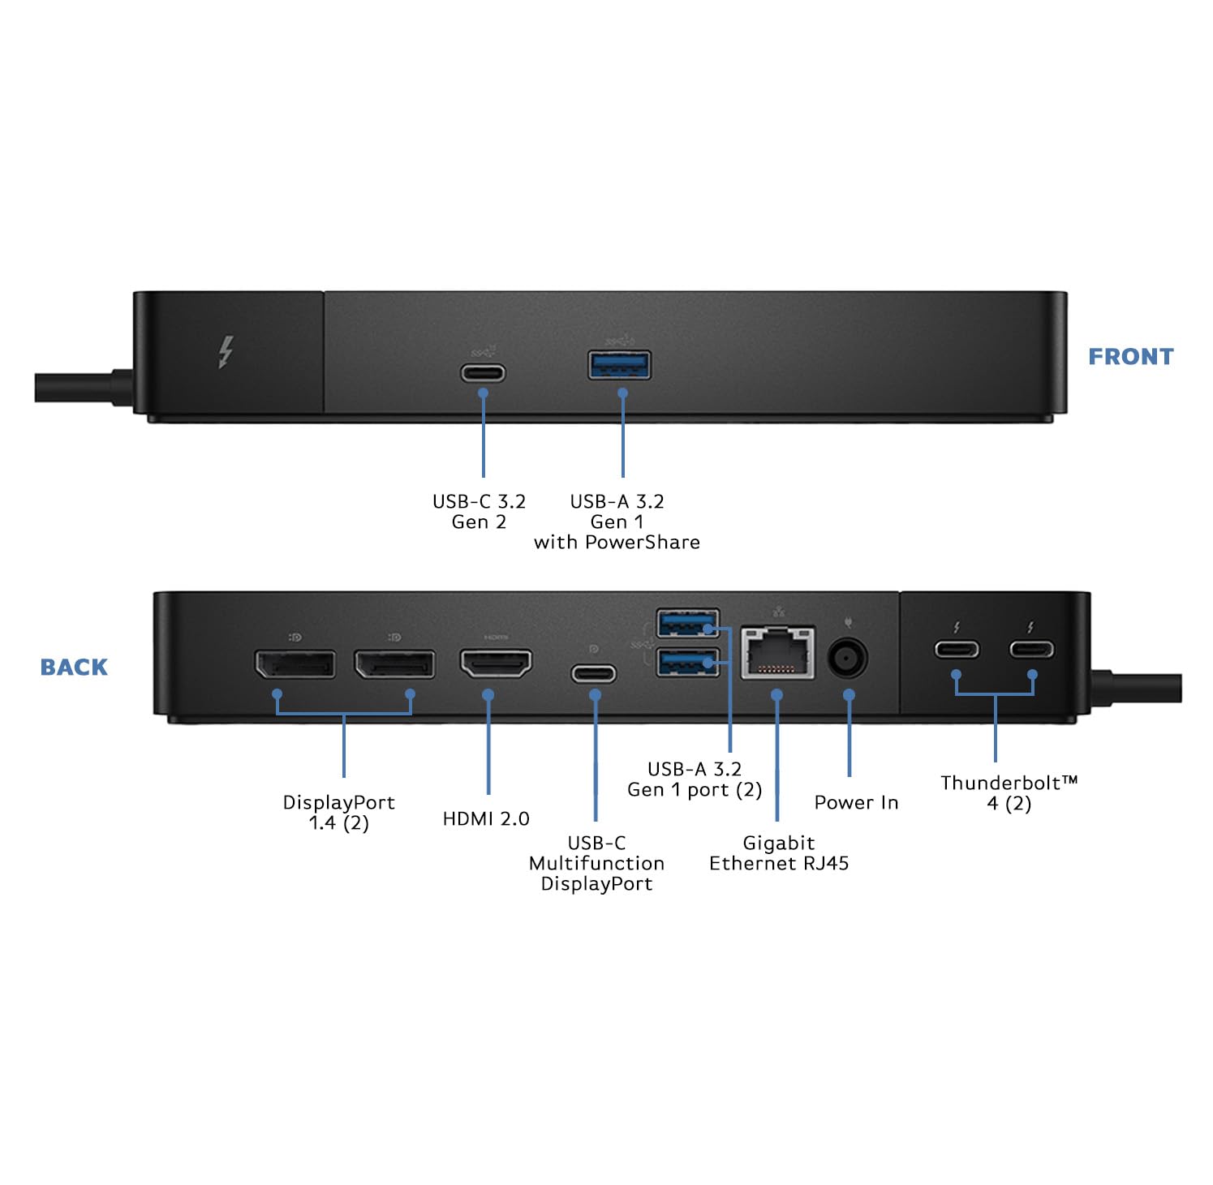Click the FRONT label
pos(1130,357)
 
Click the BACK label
pos(74,668)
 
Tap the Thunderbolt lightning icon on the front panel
pos(226,353)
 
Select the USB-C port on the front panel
pos(483,373)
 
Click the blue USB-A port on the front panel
pos(619,366)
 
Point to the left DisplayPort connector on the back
pos(295,664)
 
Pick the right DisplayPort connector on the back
pos(394,664)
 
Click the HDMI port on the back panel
pos(497,663)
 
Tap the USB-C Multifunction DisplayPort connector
pos(594,673)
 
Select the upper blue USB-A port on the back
pos(688,625)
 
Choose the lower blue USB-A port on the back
pos(688,662)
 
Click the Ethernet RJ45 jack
pos(777,652)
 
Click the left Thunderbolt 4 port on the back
pos(957,650)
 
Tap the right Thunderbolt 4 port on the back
pos(1031,649)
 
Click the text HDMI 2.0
pos(486,819)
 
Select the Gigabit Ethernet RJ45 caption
pos(779,853)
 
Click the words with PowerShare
pos(617,543)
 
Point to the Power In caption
pos(856,803)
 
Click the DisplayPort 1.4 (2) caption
pos(338,813)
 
